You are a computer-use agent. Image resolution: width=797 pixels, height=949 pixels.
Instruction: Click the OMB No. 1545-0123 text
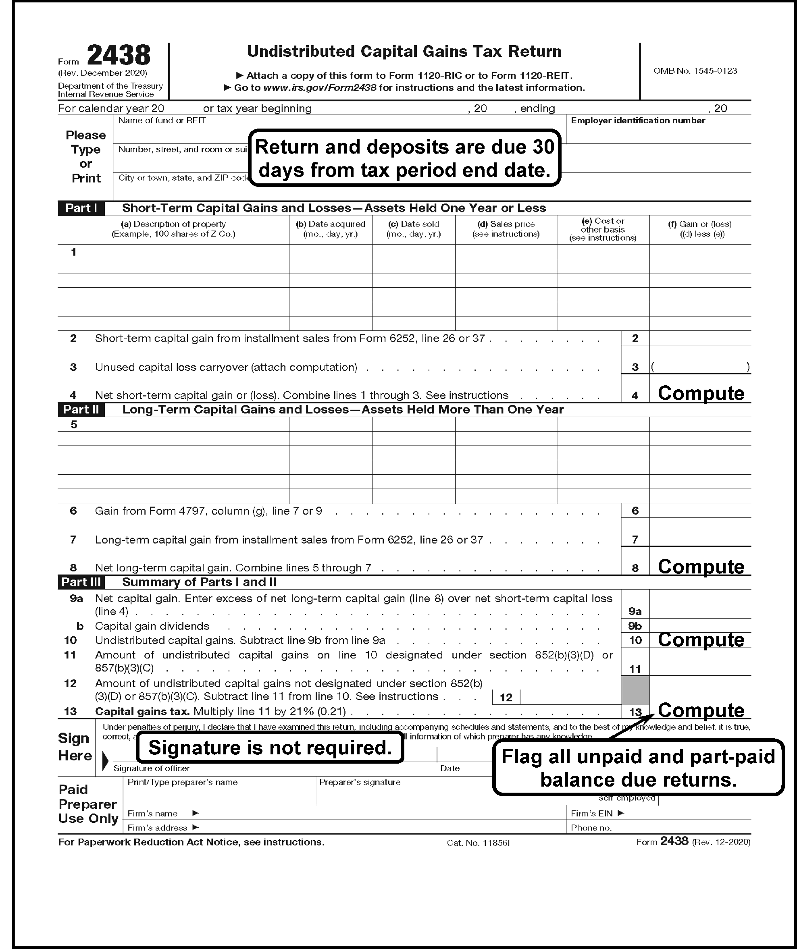click(695, 71)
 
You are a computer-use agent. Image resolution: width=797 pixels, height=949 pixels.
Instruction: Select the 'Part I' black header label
click(81, 208)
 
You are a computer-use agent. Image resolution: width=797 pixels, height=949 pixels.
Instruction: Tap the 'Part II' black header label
click(81, 409)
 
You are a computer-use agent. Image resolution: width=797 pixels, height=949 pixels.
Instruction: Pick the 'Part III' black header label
click(81, 582)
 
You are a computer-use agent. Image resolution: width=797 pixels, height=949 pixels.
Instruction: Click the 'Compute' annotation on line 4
click(701, 393)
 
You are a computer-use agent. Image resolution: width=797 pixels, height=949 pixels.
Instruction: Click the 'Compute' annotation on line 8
click(701, 567)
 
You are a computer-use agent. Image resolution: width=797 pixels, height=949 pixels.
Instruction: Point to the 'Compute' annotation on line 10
click(701, 640)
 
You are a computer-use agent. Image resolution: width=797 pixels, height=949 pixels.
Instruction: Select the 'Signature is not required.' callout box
click(270, 748)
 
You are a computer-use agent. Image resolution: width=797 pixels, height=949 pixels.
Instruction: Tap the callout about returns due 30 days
click(405, 158)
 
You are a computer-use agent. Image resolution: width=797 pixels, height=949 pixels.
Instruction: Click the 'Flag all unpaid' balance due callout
click(638, 768)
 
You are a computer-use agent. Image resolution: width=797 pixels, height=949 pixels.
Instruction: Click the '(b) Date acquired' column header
click(331, 228)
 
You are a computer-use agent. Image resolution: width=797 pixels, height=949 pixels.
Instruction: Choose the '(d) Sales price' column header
click(506, 228)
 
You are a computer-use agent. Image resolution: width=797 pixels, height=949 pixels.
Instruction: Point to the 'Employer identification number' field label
click(637, 120)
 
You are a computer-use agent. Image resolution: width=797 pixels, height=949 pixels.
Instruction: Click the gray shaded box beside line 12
click(635, 689)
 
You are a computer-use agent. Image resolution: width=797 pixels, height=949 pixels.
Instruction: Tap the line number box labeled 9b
click(635, 626)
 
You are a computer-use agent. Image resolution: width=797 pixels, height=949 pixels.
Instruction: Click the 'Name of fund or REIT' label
click(162, 120)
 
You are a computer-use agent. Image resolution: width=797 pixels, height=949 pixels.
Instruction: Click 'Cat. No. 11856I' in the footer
click(478, 843)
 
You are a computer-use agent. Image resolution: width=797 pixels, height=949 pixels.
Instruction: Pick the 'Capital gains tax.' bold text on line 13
click(142, 711)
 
